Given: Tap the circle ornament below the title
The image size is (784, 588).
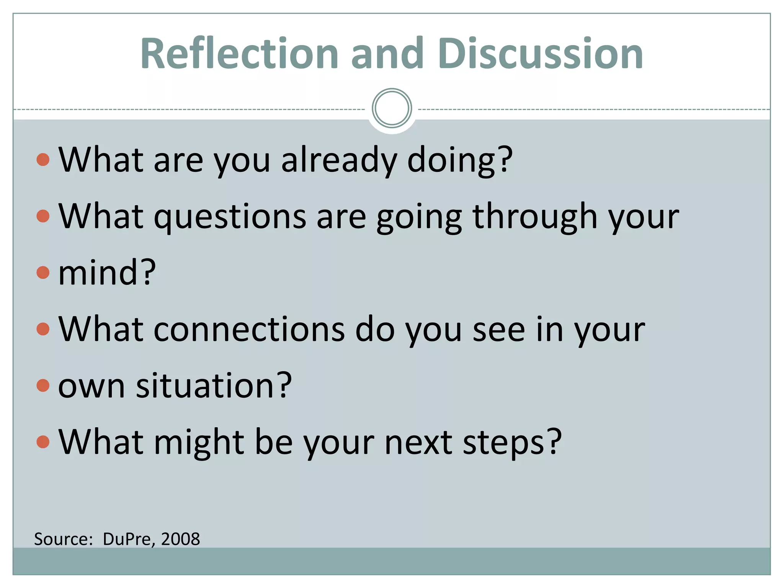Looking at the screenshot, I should pyautogui.click(x=392, y=108).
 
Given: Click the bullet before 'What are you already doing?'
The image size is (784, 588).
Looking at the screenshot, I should pyautogui.click(x=43, y=160).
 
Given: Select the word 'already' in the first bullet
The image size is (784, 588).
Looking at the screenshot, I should pyautogui.click(x=339, y=160).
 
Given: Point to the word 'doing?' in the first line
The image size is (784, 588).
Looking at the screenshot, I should pyautogui.click(x=459, y=160).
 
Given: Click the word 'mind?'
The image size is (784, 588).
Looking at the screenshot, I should pyautogui.click(x=107, y=273).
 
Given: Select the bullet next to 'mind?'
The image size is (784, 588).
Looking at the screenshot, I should pyautogui.click(x=43, y=273).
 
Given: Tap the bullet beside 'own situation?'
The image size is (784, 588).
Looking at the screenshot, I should pyautogui.click(x=43, y=385).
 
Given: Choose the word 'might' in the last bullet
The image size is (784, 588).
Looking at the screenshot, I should pyautogui.click(x=199, y=442).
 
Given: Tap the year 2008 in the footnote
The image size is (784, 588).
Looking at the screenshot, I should pyautogui.click(x=180, y=539).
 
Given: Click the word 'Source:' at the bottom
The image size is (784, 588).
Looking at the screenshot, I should pyautogui.click(x=64, y=539).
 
